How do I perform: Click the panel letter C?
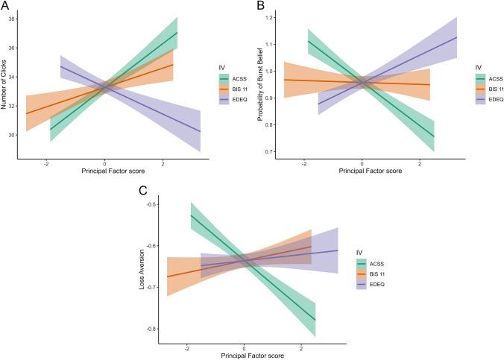pos(144,191)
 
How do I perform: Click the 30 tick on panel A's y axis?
pos(15,135)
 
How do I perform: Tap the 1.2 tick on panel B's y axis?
pos(269,16)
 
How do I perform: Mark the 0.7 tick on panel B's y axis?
pos(269,151)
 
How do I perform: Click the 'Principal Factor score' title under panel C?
pos(244,357)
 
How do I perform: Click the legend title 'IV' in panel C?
pos(361,252)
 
